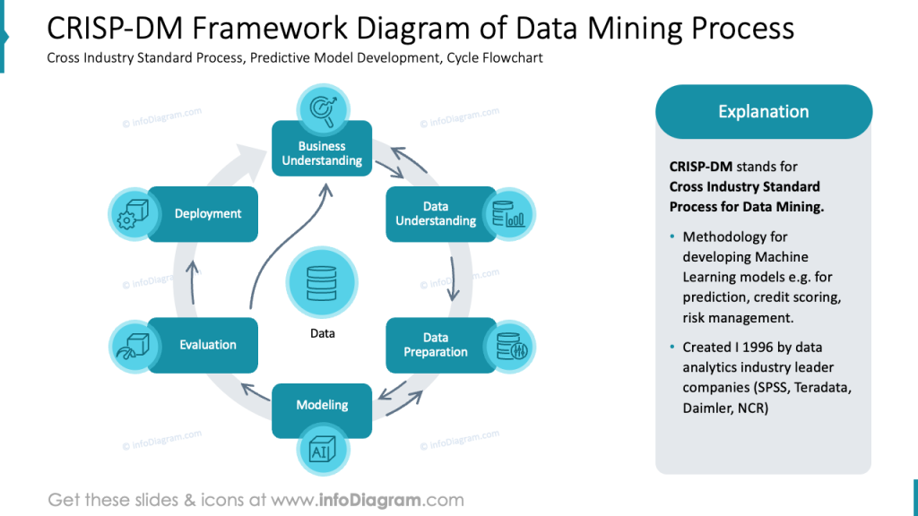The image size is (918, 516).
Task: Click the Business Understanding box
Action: (322, 153)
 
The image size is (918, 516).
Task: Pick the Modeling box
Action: (322, 406)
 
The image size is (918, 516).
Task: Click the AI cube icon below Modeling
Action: (322, 451)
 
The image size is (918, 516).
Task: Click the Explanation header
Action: (763, 112)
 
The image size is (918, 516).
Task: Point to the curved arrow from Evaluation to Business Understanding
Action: (282, 251)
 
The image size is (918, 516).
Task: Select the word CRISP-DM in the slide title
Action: (100, 30)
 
